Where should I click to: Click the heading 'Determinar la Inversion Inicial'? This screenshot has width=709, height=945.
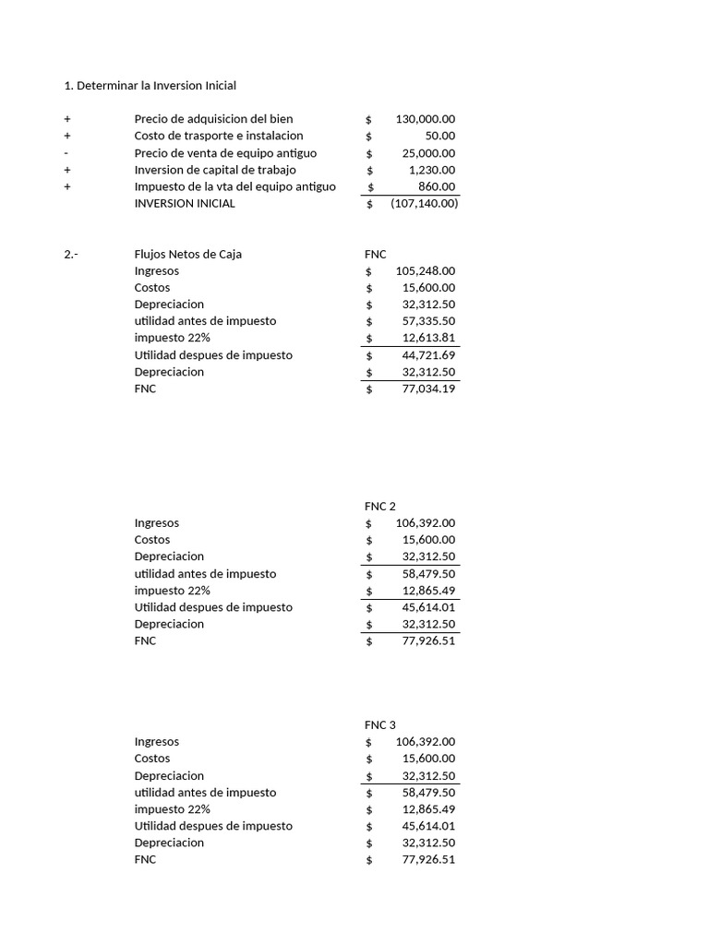pos(150,86)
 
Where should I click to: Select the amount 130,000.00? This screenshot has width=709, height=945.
pos(425,119)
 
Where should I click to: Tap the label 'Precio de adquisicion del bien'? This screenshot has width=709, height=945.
pos(213,119)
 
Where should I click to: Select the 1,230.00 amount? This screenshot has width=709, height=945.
pos(432,170)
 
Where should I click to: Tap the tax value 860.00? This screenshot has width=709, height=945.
pos(439,186)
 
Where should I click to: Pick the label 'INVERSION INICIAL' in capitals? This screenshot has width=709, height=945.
pos(185,203)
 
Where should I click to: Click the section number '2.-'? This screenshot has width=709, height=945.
pos(72,254)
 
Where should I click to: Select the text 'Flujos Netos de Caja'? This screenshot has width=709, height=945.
pos(188,254)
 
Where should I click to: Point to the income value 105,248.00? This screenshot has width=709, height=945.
pos(425,271)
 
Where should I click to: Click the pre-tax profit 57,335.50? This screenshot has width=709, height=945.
pos(428,321)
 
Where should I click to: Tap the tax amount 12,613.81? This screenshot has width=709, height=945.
pos(428,338)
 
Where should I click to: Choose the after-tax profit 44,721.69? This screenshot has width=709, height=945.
pos(428,355)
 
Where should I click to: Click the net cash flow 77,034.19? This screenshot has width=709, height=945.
pos(428,389)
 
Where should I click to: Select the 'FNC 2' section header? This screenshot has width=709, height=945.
pos(380,507)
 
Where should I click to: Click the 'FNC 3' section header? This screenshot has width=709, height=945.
pos(380,725)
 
